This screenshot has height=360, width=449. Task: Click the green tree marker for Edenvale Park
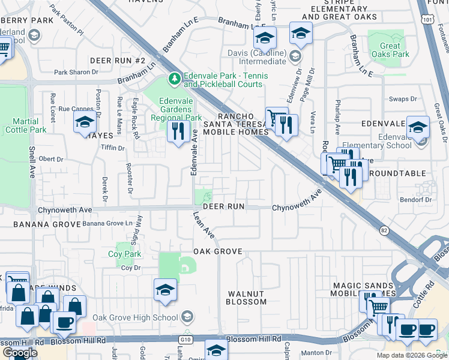[175, 79]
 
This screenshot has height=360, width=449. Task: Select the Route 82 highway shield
[383, 230]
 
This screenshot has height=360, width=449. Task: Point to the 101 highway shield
[428, 20]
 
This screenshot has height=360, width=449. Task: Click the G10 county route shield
[184, 340]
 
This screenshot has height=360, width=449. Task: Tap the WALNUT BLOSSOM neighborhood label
[246, 298]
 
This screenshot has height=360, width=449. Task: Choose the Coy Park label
[124, 254]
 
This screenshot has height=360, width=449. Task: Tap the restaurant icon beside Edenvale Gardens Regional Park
[177, 131]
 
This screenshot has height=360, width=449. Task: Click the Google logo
[20, 353]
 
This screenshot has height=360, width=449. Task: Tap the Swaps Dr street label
[403, 99]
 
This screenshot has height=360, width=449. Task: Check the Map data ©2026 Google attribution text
[411, 355]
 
